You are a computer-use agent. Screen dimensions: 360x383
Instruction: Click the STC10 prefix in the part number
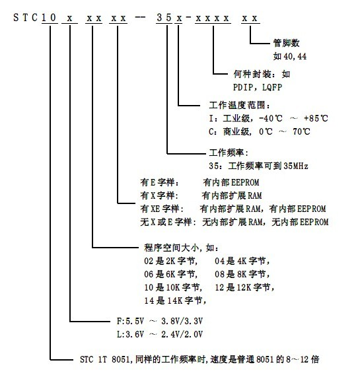(x=35, y=18)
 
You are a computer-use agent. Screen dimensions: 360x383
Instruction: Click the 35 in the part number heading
(x=164, y=18)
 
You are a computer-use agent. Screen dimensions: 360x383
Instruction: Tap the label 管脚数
(x=286, y=43)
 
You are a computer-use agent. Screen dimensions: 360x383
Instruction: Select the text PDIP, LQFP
(x=258, y=87)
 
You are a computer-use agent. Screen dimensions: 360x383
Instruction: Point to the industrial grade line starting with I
(x=268, y=118)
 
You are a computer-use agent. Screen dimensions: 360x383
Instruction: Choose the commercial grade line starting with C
(x=260, y=131)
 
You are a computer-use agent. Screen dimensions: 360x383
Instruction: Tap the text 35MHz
(x=296, y=166)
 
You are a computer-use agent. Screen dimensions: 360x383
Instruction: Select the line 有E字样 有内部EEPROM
(x=199, y=182)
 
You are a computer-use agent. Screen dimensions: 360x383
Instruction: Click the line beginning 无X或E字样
(x=234, y=222)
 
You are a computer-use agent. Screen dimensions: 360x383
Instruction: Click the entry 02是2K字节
(x=171, y=261)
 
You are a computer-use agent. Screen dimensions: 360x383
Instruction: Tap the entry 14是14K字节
(x=176, y=300)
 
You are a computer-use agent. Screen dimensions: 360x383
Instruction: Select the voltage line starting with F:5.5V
(x=160, y=321)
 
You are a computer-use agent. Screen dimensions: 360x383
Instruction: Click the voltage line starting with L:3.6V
(x=160, y=334)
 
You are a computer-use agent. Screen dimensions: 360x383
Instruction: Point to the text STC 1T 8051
(x=104, y=359)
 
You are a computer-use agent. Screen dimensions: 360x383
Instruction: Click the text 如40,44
(x=290, y=56)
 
